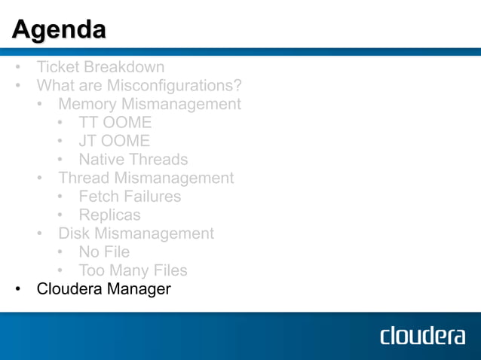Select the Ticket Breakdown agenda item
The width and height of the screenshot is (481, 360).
tap(100, 67)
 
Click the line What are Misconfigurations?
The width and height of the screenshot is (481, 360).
tap(139, 85)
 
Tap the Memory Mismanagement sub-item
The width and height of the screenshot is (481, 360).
tap(149, 104)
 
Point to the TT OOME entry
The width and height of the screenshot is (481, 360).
tap(115, 122)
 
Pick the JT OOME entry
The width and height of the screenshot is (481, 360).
tap(114, 141)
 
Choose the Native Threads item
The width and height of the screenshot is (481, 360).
tap(133, 159)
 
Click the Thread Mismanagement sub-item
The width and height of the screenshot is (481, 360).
tap(146, 178)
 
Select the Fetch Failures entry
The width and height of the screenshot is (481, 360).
tap(130, 196)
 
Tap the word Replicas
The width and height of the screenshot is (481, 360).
tap(109, 215)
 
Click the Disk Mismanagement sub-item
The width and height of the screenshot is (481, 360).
tap(136, 233)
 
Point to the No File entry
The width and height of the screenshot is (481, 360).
tap(104, 252)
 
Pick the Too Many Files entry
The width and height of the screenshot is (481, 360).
tap(133, 270)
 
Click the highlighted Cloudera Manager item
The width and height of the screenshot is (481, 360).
tap(103, 288)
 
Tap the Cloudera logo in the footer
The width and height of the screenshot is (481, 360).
tap(422, 335)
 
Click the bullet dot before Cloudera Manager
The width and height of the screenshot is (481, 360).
tap(17, 289)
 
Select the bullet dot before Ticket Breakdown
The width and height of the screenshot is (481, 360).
tap(17, 68)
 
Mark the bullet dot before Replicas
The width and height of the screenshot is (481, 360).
tap(60, 215)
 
